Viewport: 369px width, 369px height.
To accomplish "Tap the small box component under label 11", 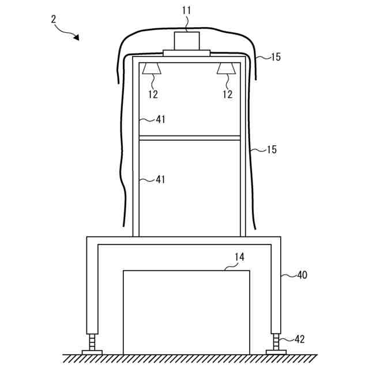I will point(187,41).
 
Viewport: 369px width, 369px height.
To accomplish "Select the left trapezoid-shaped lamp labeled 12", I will point(152,69).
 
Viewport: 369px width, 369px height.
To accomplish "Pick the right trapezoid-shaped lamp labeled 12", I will point(227,69).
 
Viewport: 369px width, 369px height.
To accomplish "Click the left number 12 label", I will point(153,94).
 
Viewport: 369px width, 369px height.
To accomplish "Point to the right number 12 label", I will point(228,94).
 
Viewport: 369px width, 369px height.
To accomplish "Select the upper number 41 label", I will point(160,119).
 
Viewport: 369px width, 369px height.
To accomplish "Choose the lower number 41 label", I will point(160,179).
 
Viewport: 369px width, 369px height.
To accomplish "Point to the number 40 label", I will point(302,275).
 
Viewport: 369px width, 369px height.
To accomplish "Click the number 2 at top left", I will point(54,19).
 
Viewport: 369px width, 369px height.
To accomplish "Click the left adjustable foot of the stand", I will point(92,344).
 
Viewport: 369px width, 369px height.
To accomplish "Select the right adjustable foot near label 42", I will point(276,344).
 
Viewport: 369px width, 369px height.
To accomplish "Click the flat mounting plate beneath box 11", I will point(187,53).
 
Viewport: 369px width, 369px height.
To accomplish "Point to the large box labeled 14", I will point(187,311).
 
